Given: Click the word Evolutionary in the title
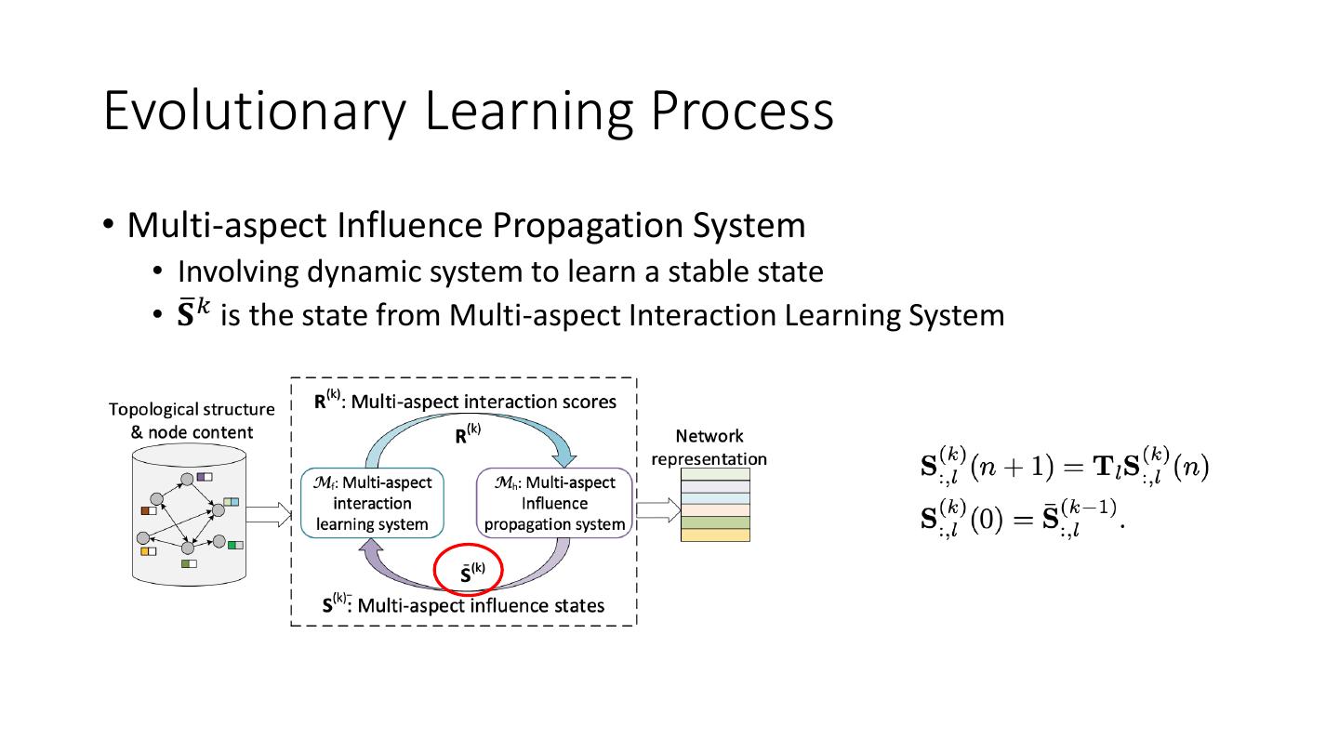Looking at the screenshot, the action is coord(254,110).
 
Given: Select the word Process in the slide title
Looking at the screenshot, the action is coord(741,110).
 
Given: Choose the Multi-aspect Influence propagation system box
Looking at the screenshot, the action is coord(554,503).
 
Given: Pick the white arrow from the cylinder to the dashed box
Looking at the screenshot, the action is coord(270,513).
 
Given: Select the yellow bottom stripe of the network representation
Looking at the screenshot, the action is coord(715,535).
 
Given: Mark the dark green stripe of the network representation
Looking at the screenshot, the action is coord(715,522).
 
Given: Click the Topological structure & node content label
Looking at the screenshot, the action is coord(192,420).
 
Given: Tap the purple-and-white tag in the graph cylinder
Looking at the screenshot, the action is coord(204,478).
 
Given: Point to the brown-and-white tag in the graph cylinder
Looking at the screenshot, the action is coord(150,509).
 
